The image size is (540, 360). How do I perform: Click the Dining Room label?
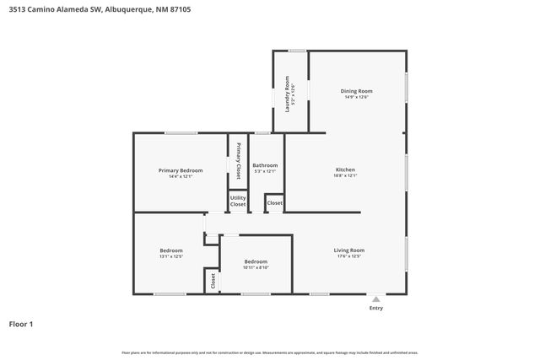356,91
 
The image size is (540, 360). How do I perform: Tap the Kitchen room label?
345,170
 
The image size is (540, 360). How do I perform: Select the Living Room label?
348,250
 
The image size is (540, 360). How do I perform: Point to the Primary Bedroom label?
181,170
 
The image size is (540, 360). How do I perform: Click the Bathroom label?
265,165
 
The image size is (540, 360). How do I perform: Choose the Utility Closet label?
238,201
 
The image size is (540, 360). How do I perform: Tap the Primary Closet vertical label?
239,161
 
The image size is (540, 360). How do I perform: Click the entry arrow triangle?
375,298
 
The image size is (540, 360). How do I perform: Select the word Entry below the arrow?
375,308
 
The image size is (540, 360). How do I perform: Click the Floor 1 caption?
21,324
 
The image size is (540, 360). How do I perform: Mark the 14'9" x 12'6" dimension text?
356,97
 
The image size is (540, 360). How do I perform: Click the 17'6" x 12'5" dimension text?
348,256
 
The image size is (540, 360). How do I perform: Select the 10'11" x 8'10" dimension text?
256,267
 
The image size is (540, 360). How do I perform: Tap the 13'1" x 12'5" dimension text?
171,256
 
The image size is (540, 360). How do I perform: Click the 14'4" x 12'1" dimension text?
181,176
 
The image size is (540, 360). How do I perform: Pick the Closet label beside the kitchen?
275,203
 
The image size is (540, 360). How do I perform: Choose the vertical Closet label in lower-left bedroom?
213,281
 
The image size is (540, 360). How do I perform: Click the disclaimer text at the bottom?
270,352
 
